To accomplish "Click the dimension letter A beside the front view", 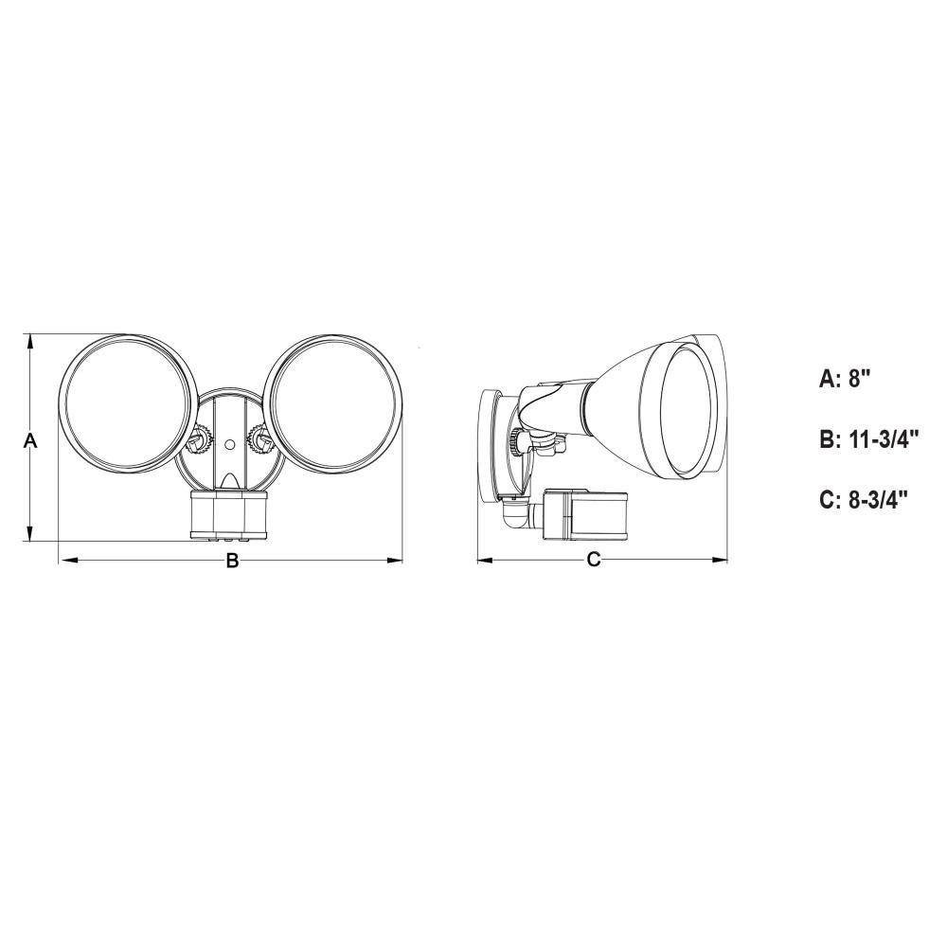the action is pos(30,441).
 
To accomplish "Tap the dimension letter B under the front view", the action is pos(233,561).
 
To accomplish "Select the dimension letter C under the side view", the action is pos(594,560).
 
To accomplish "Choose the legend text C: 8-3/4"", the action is pos(864,500).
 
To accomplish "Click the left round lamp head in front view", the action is pos(127,403).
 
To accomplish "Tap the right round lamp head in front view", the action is pos(333,403).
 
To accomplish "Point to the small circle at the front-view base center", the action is pos(229,444).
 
